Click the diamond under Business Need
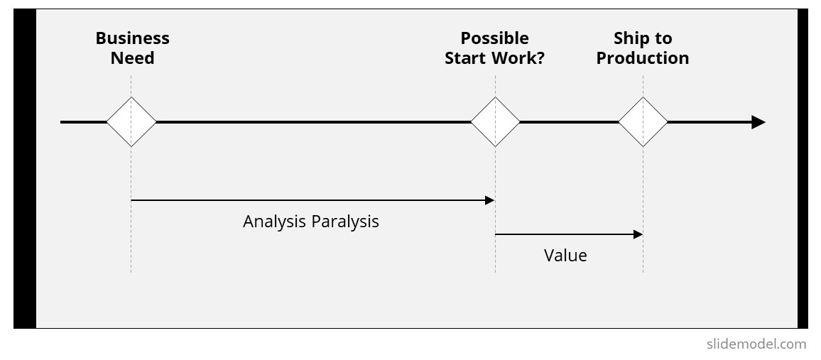[131, 122]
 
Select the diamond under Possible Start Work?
[495, 122]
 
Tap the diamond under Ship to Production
[643, 122]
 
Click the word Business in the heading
[133, 38]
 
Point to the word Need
[133, 58]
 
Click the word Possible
[495, 38]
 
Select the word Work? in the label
[521, 58]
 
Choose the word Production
[643, 58]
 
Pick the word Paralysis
[344, 222]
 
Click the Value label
[565, 256]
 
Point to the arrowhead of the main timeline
[759, 122]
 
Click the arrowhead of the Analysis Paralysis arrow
[489, 200]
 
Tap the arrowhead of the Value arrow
[638, 234]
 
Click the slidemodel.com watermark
[756, 344]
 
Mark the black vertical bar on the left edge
[25, 168]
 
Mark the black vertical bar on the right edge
[803, 168]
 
